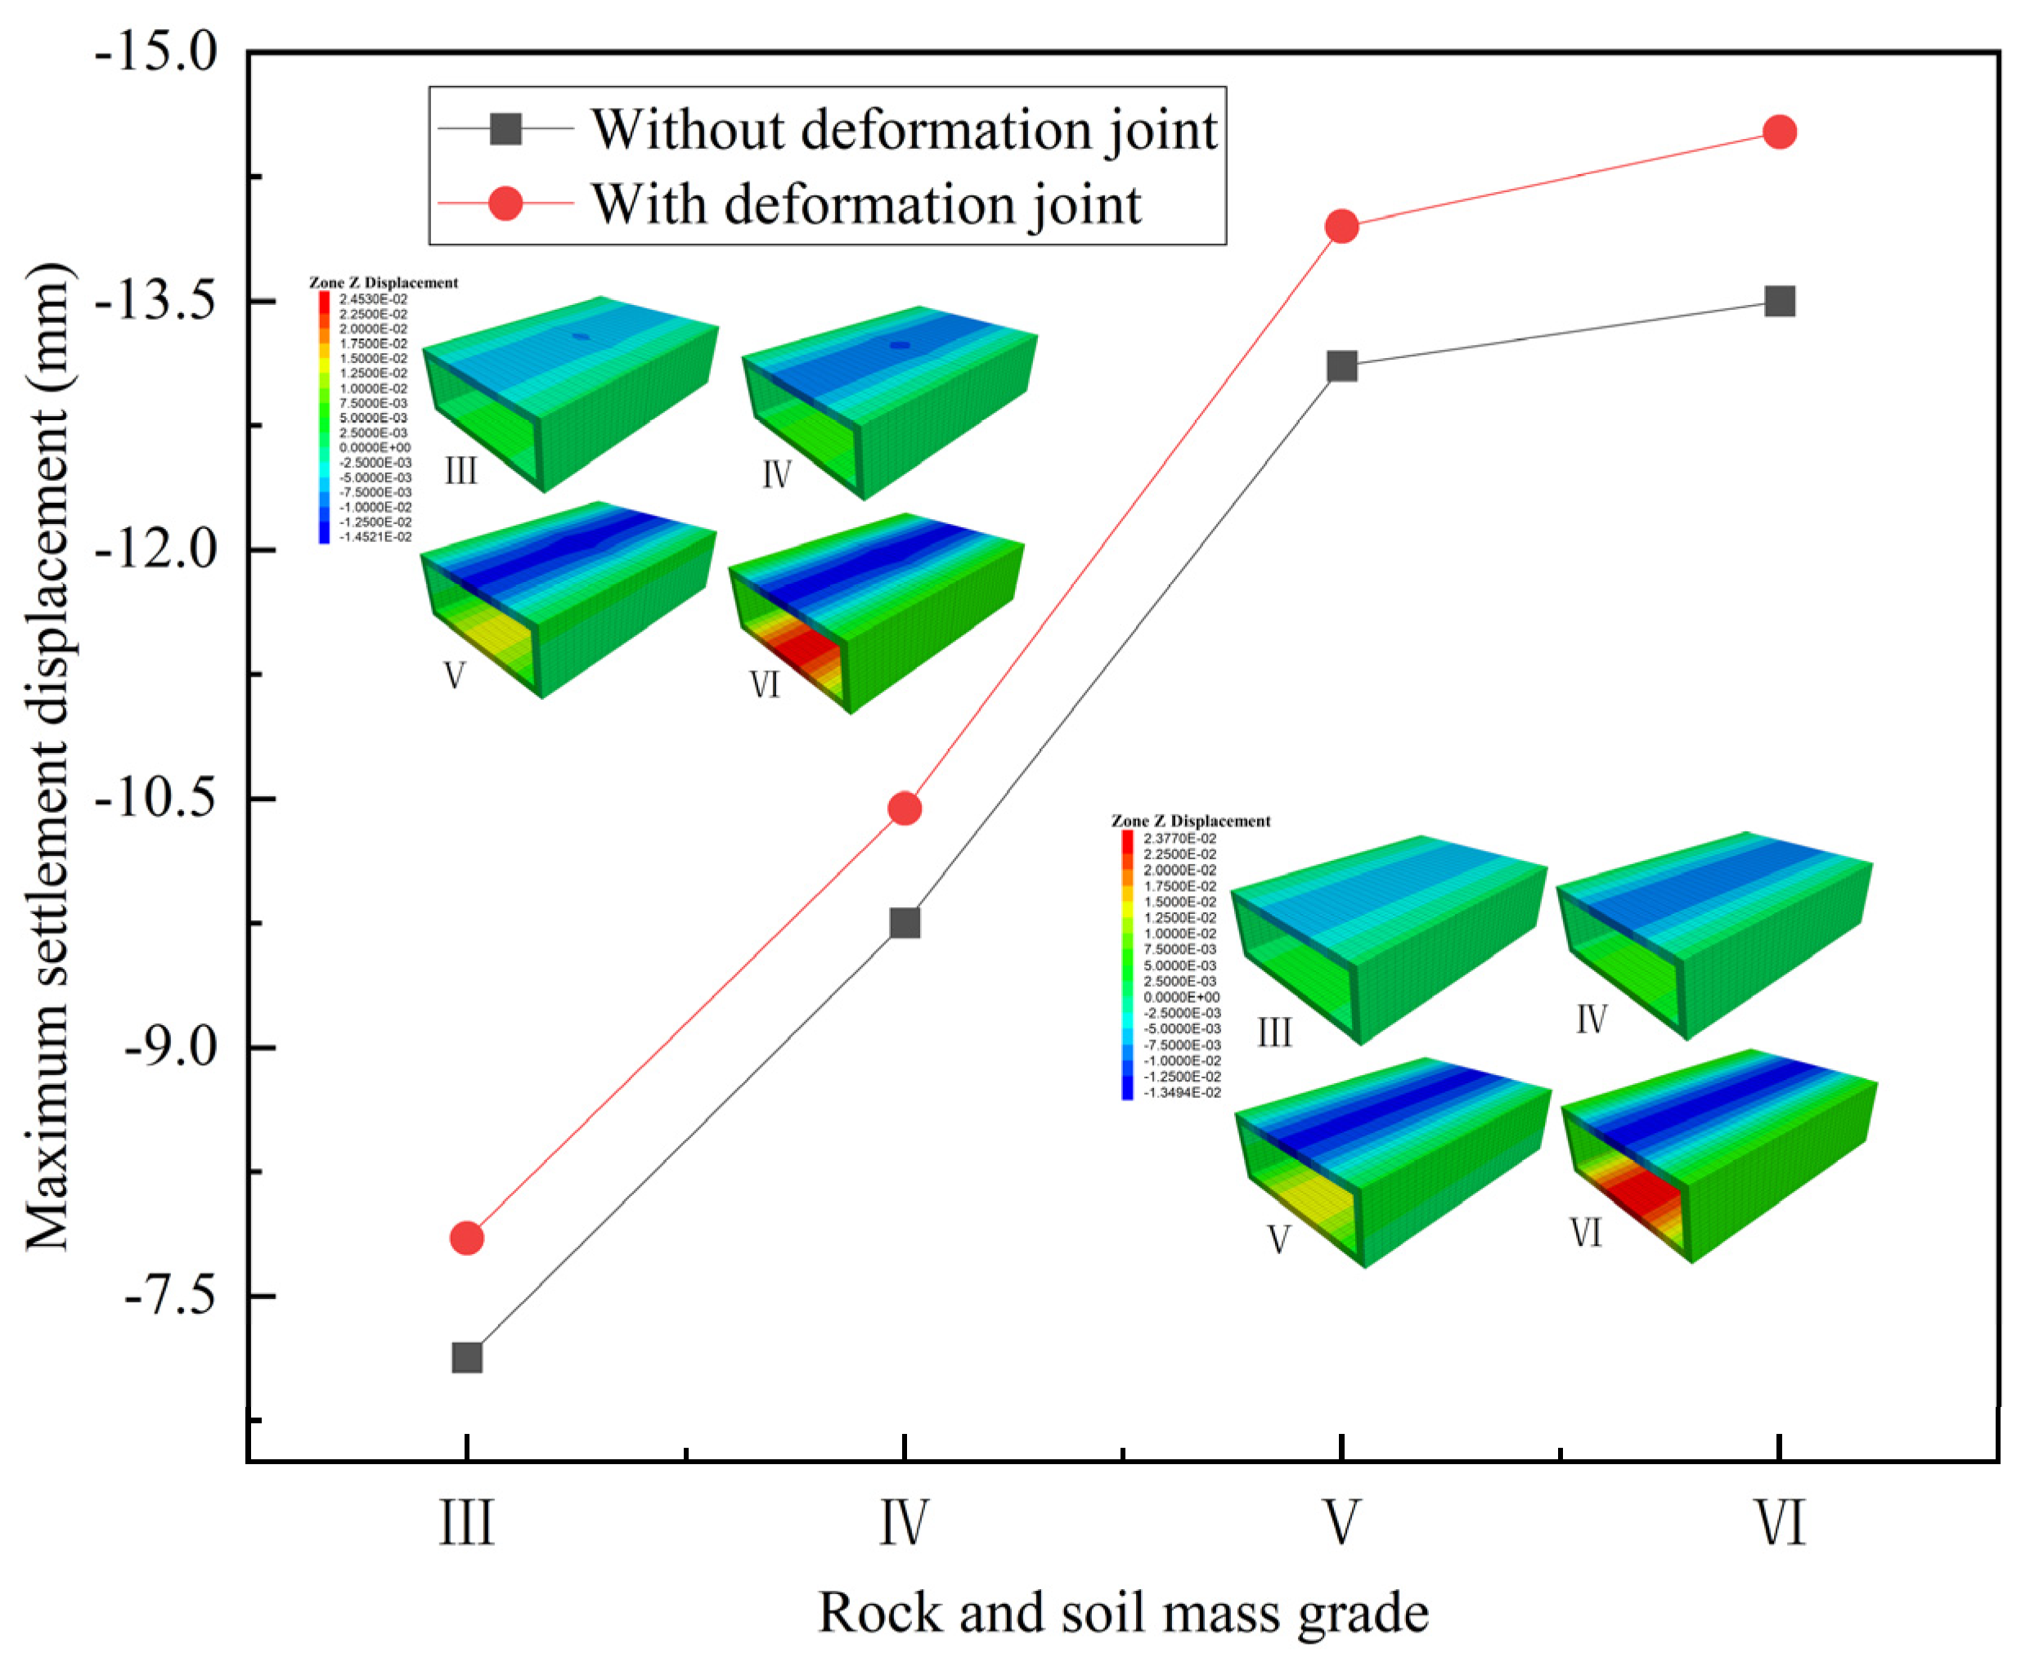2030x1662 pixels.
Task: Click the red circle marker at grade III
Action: tap(466, 1238)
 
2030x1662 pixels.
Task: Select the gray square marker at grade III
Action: tap(466, 1358)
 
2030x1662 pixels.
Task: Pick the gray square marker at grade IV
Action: tap(904, 923)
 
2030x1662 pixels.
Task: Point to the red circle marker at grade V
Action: tap(1341, 227)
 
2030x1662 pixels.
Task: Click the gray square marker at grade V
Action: tap(1341, 365)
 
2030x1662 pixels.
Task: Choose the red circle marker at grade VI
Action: tap(1779, 132)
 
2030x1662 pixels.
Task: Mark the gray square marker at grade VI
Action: tap(1779, 302)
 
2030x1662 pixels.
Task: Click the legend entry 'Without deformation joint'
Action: tap(903, 129)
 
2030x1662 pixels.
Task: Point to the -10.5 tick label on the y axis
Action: tap(156, 799)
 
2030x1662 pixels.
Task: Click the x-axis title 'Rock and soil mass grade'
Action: tap(1122, 1612)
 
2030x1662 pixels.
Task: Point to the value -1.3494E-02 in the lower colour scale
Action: tap(1182, 1092)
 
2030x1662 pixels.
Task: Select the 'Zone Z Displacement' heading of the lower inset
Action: tap(1190, 821)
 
